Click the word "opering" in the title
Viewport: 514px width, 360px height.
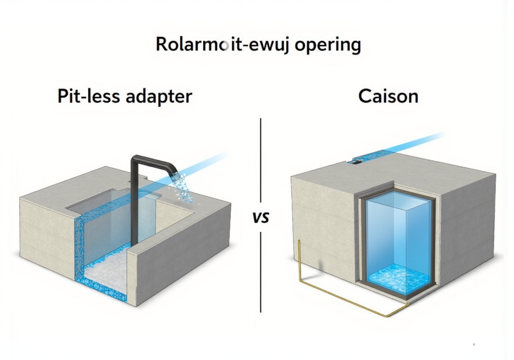tap(327, 45)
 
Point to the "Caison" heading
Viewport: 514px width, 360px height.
tap(388, 96)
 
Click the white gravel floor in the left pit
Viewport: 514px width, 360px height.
tap(105, 273)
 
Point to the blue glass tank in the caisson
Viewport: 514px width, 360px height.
tap(398, 233)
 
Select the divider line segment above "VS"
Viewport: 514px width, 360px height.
tap(261, 161)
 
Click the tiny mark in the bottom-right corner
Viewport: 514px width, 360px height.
tap(474, 344)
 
